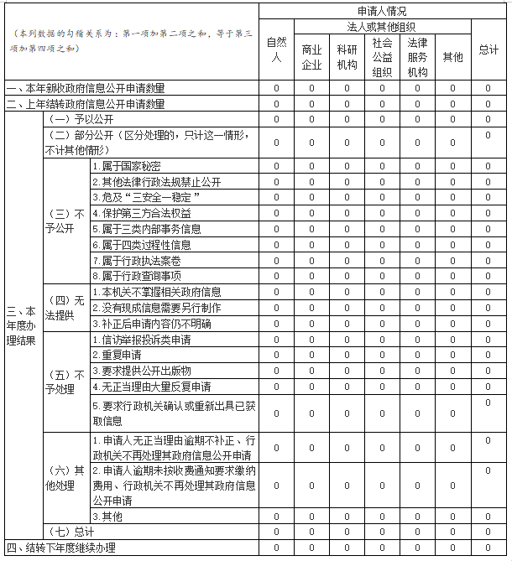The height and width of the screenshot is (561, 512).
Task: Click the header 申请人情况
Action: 381,11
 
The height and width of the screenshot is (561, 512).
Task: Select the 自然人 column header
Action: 275,49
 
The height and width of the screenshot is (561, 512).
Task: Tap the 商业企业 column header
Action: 311,57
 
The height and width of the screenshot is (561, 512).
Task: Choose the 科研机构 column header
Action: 347,57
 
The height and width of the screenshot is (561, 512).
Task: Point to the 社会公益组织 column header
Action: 382,57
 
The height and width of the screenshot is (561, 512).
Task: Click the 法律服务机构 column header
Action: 417,57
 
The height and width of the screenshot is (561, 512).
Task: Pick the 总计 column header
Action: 488,49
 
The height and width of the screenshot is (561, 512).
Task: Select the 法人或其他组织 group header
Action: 381,27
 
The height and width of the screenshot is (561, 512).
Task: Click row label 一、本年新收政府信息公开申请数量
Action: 86,88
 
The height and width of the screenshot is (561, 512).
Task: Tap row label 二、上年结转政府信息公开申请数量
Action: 86,104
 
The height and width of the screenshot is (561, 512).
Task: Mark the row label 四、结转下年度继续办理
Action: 60,548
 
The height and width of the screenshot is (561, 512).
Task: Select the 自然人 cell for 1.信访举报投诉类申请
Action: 275,340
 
